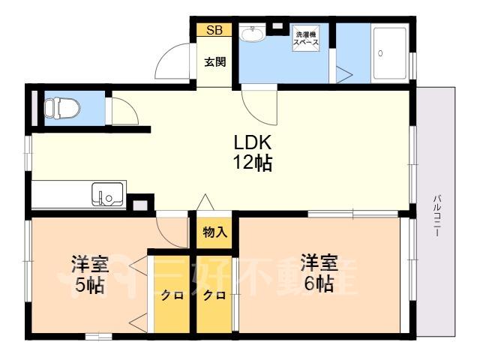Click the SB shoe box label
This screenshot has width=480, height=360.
pos(214,30)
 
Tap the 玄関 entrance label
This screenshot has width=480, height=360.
pos(215,62)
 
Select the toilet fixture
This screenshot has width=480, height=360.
pos(62,108)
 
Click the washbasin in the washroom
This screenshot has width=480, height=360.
pos(253,33)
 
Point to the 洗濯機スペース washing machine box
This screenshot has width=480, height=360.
pos(305,38)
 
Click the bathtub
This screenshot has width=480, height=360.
pos(390,53)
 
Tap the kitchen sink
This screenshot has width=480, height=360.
pos(107,194)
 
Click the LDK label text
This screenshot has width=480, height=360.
pos(253,142)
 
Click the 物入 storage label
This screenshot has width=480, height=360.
pos(215,232)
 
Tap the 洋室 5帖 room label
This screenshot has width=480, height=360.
pos(90,274)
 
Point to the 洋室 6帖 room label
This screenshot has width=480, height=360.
pos(319,273)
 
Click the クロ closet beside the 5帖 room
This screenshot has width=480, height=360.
pos(172,295)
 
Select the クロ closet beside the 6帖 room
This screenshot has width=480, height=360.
pos(214,295)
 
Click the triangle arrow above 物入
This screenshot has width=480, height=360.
pos(205,202)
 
